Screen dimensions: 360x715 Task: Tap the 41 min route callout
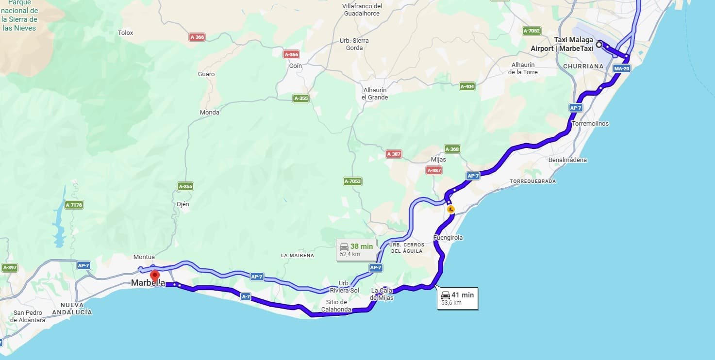point(457,298)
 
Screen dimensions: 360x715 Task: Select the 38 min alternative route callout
point(357,249)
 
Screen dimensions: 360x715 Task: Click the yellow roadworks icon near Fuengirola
point(451,210)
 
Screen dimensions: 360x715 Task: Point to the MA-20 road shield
point(621,68)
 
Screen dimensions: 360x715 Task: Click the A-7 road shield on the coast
point(246,297)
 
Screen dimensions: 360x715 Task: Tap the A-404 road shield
point(467,86)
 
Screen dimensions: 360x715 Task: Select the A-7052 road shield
point(532,31)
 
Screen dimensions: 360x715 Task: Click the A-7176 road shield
point(74,205)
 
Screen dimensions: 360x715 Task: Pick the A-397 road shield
point(10,268)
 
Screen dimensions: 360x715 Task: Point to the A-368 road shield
point(452,149)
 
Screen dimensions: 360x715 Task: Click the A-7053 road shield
point(353,181)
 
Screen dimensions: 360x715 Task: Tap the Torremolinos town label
point(590,124)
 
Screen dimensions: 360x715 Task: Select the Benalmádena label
point(567,160)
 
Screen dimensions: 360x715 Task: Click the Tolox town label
point(125,33)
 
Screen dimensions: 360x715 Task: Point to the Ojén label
point(183,204)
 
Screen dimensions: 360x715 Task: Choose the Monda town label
point(210,113)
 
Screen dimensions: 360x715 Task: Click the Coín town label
point(295,66)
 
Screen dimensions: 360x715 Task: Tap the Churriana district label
point(583,66)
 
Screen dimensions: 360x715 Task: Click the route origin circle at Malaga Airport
point(599,45)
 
